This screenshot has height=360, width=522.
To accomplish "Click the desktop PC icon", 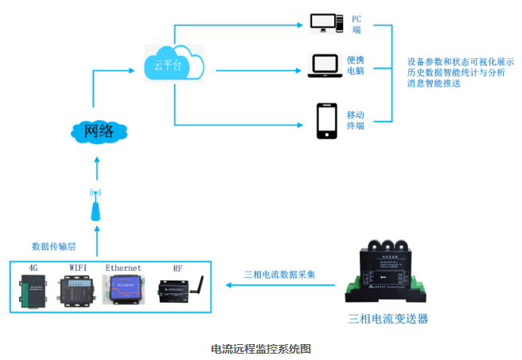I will pyautogui.click(x=327, y=23).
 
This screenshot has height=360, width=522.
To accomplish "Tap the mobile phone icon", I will pyautogui.click(x=326, y=120).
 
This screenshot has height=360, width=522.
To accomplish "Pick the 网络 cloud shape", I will pyautogui.click(x=98, y=131).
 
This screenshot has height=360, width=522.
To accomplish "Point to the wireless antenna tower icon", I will pyautogui.click(x=95, y=205).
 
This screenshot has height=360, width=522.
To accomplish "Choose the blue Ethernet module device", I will pyautogui.click(x=125, y=290).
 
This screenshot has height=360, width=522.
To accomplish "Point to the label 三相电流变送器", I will pyautogui.click(x=388, y=319).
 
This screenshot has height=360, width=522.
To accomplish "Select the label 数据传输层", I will pyautogui.click(x=53, y=246).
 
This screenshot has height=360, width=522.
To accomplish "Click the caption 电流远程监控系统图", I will pyautogui.click(x=260, y=349).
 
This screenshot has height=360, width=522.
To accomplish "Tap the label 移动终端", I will pyautogui.click(x=356, y=120).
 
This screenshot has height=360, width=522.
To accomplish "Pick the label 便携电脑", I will pyautogui.click(x=356, y=65).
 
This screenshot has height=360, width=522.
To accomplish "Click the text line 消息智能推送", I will pyautogui.click(x=434, y=83).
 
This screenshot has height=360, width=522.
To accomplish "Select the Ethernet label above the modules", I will pyautogui.click(x=123, y=268).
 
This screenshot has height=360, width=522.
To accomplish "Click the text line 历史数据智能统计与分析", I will pyautogui.click(x=455, y=72).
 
